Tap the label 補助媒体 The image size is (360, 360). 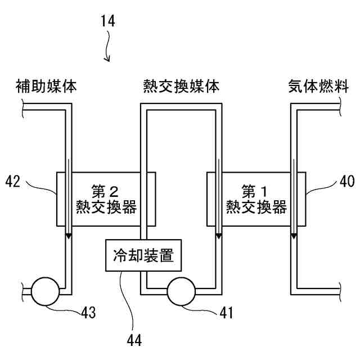47,87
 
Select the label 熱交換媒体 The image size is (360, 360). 181,87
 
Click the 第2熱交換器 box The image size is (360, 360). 106,199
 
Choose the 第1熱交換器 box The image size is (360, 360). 256,199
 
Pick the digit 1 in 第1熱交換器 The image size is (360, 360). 268,190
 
